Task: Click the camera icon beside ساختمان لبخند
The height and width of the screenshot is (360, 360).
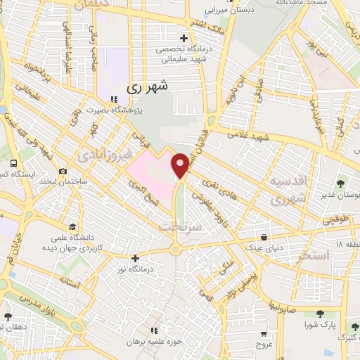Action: pyautogui.click(x=64, y=172)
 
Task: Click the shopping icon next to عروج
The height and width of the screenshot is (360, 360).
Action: pyautogui.click(x=264, y=335)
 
